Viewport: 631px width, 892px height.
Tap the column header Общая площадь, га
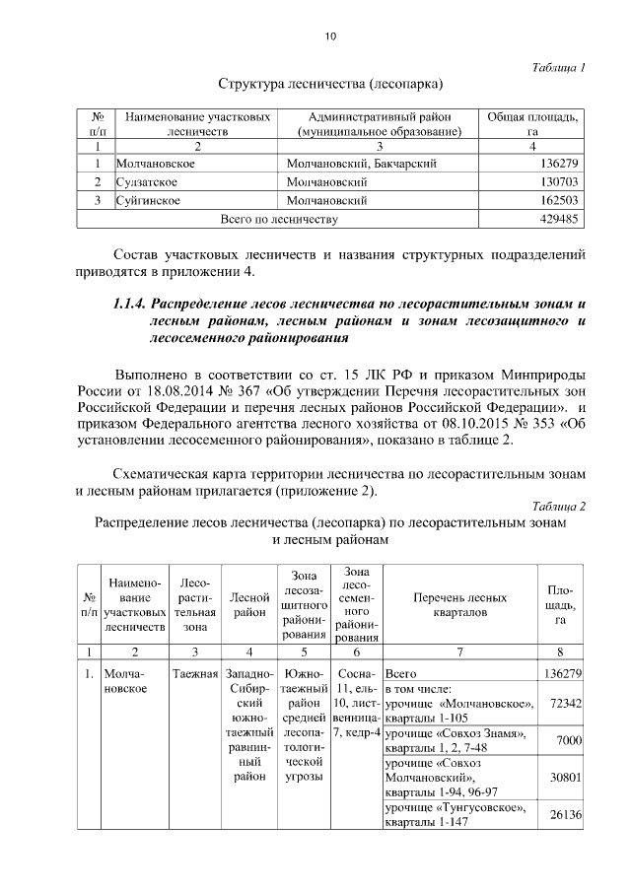pos(532,123)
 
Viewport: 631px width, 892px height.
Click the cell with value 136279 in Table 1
pos(557,164)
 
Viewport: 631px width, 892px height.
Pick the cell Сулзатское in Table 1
pos(148,182)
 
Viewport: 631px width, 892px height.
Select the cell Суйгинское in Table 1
pos(148,200)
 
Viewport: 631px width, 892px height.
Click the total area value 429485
pos(557,219)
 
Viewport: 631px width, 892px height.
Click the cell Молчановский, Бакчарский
pos(361,164)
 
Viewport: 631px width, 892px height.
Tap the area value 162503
pos(557,200)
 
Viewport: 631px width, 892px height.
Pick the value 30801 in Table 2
pos(562,777)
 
